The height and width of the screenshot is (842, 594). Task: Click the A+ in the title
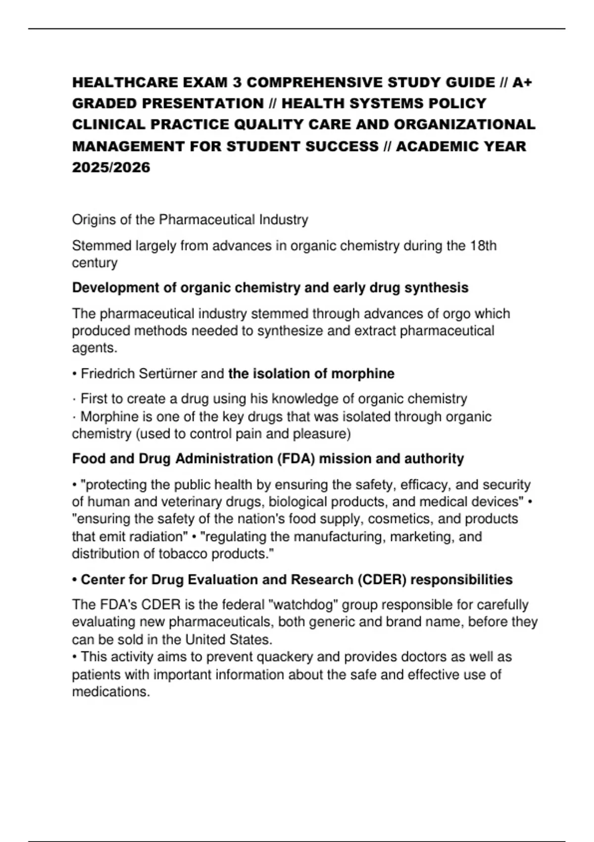pos(522,82)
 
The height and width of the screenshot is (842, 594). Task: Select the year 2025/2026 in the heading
pos(111,167)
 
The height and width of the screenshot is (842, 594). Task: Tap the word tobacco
pos(183,554)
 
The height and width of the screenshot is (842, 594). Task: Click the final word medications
pos(110,692)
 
